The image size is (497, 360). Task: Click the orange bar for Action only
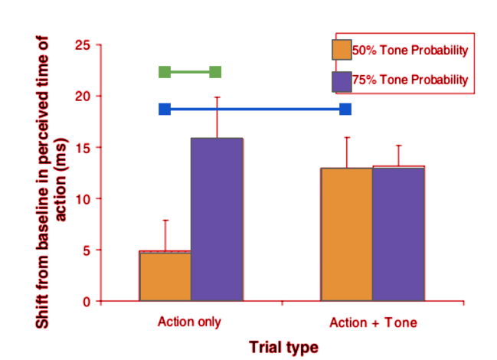pyautogui.click(x=165, y=276)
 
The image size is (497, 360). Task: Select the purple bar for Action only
pyautogui.click(x=217, y=220)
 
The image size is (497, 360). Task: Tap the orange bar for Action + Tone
pyautogui.click(x=347, y=234)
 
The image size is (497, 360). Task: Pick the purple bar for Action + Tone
pyautogui.click(x=398, y=234)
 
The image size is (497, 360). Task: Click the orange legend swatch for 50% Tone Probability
pyautogui.click(x=342, y=50)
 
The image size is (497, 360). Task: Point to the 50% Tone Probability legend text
pyautogui.click(x=409, y=51)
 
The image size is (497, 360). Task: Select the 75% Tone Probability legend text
pyautogui.click(x=409, y=80)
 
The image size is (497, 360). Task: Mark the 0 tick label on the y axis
pyautogui.click(x=87, y=301)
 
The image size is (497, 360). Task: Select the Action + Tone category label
pyautogui.click(x=373, y=322)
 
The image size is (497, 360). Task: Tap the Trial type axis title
pyautogui.click(x=283, y=347)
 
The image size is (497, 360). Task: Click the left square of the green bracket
pyautogui.click(x=165, y=72)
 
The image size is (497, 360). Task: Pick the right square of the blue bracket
pyautogui.click(x=345, y=110)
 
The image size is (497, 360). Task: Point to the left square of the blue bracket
pyautogui.click(x=165, y=110)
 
